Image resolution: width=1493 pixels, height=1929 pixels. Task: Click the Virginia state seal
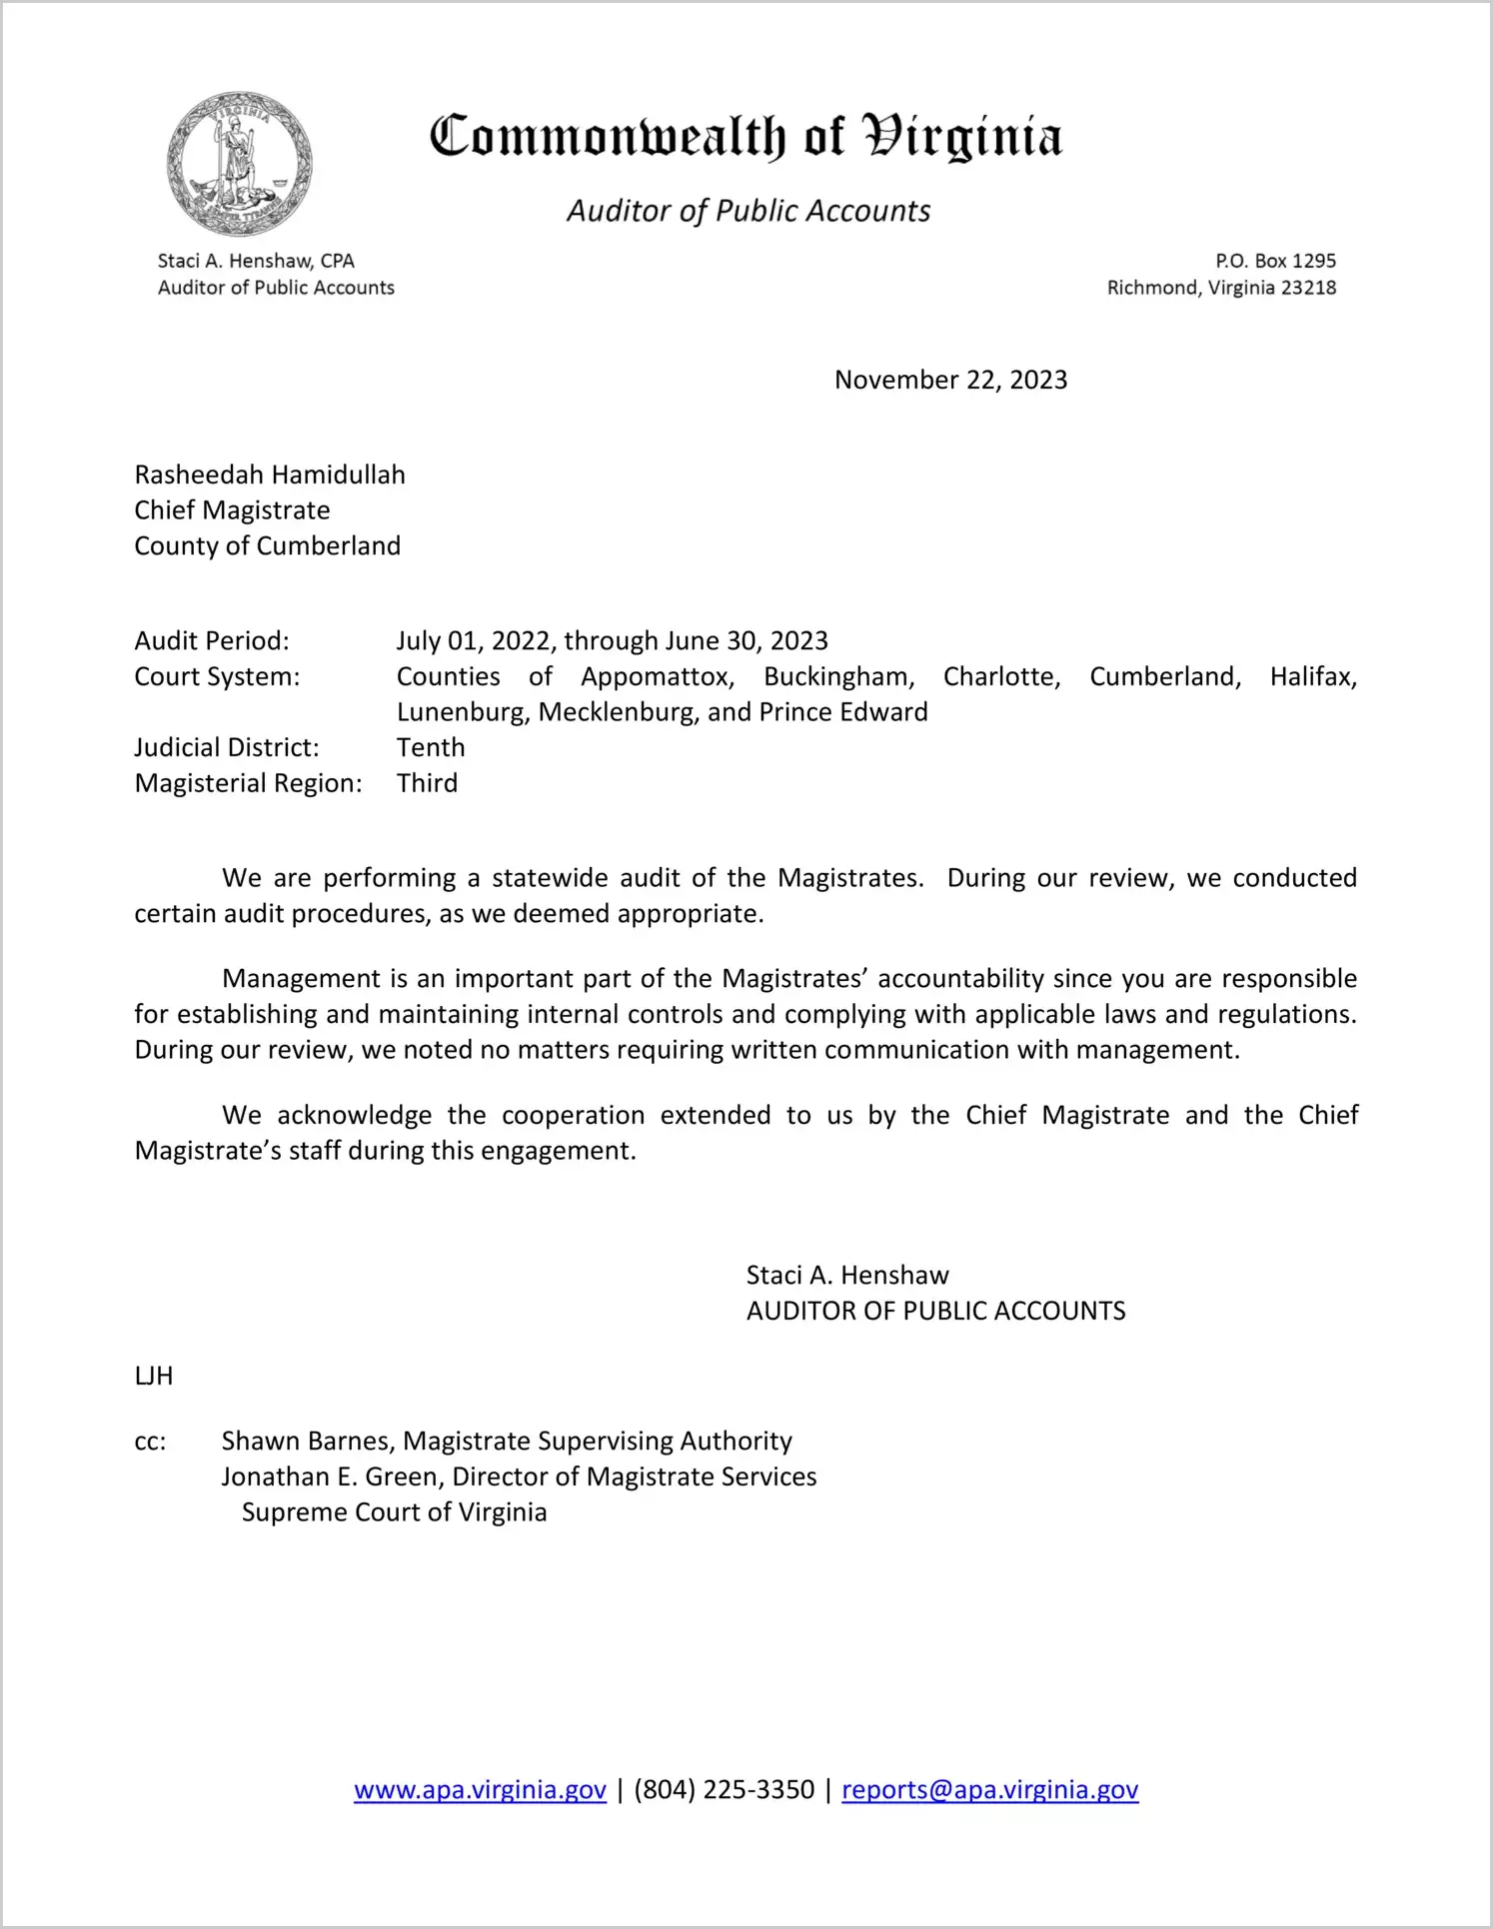pos(240,164)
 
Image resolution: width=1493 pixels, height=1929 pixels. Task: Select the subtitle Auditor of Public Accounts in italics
pos(748,211)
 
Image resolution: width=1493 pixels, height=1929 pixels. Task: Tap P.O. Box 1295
pos(1275,261)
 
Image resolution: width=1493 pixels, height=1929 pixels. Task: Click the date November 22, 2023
pos(950,380)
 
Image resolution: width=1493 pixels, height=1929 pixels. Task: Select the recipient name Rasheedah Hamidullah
pos(270,475)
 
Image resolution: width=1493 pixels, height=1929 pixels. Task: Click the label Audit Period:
pos(212,640)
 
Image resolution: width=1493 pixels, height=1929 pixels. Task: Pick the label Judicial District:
pos(227,747)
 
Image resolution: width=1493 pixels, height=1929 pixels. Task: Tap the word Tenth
pos(431,747)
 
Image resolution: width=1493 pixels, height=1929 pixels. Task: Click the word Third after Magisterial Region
pos(427,783)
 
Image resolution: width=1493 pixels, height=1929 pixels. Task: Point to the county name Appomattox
pos(658,676)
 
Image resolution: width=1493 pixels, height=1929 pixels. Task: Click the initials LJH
pos(154,1376)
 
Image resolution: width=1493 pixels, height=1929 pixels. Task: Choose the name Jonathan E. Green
pos(331,1476)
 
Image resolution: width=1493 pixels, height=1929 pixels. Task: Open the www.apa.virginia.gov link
pos(480,1789)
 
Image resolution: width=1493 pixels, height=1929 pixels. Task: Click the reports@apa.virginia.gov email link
pos(989,1789)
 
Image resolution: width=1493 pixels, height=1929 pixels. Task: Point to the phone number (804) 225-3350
pos(724,1789)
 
